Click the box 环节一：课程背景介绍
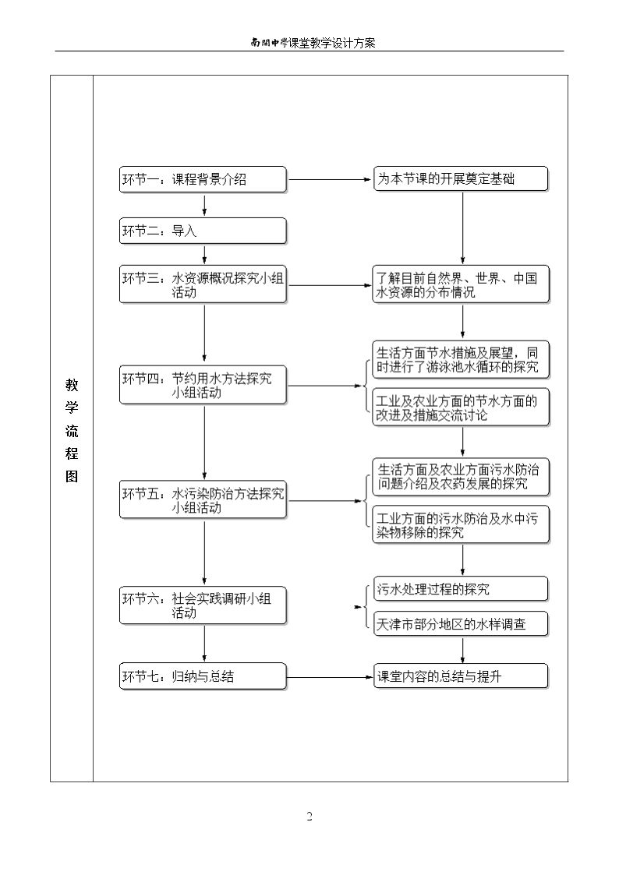pos(203,180)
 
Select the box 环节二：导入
pos(203,231)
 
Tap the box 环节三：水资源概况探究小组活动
pos(203,285)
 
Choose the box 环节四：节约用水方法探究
pos(203,386)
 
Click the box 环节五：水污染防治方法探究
pos(203,500)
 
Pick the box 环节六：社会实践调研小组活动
pos(203,605)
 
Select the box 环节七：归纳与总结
pos(203,677)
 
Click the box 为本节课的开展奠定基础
pos(461,179)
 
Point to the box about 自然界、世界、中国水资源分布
pos(461,285)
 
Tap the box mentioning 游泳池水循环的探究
pos(461,360)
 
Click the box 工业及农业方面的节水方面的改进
pos(461,408)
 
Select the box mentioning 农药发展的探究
pos(461,477)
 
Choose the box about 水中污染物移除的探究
pos(461,525)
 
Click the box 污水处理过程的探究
pos(461,589)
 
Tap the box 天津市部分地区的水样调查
pos(461,624)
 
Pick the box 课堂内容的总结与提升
pos(461,677)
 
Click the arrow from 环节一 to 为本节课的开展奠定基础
pos(330,180)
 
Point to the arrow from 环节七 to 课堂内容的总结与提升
pos(330,677)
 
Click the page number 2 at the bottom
pos(309,817)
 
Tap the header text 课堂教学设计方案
pos(332,43)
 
